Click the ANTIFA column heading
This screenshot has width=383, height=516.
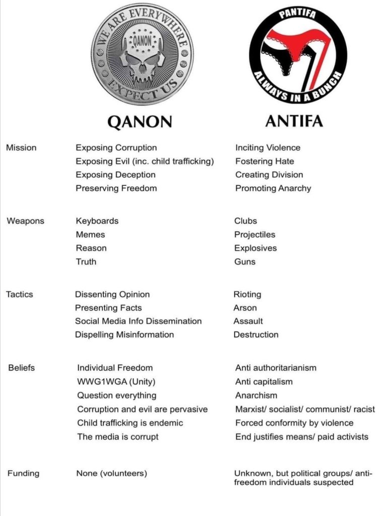[x=294, y=121]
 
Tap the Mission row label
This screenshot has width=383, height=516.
[x=21, y=148]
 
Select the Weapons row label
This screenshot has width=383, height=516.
[x=25, y=221]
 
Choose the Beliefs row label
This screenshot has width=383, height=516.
[x=22, y=368]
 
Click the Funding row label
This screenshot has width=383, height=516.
[x=23, y=474]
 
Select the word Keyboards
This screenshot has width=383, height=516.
[x=97, y=221]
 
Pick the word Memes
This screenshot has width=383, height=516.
[x=91, y=235]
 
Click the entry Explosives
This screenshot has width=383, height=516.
[x=256, y=248]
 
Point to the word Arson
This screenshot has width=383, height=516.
[x=245, y=308]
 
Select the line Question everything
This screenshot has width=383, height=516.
[x=117, y=396]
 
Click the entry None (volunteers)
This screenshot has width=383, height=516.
[x=112, y=474]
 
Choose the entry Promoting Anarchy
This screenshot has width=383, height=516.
[x=273, y=188]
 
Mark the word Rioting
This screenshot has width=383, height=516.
[x=247, y=294]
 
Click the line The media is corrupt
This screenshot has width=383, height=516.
[x=118, y=437]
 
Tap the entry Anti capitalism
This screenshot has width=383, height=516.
[x=264, y=382]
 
